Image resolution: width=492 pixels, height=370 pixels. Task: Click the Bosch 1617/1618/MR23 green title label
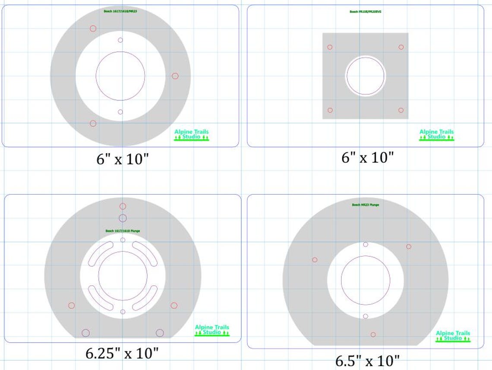point(120,11)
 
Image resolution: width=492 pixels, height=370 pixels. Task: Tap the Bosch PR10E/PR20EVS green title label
point(366,12)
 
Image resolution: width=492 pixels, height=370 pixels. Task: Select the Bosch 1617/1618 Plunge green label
point(123,231)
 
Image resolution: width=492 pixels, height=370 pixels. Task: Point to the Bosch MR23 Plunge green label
point(365,205)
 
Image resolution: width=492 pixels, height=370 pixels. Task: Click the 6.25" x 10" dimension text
point(122,354)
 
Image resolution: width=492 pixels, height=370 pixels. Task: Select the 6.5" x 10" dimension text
point(367,360)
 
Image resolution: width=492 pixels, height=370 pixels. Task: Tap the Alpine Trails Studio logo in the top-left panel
point(191,135)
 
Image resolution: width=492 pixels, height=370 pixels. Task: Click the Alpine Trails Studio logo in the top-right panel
point(436,134)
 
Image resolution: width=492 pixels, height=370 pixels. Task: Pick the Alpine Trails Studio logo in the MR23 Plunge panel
point(453,336)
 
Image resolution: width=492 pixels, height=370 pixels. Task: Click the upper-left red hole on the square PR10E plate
point(330,47)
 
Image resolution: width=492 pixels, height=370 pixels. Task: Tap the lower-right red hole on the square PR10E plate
point(401,110)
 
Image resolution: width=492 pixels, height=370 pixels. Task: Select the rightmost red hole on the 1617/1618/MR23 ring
point(175,76)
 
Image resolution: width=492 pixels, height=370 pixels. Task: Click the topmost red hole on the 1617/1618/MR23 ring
point(93,28)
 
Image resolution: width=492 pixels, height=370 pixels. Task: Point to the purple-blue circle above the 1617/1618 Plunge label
point(123,218)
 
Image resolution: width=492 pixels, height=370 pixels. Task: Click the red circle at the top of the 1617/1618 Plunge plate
point(123,206)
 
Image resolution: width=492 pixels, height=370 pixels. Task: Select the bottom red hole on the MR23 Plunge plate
point(373,335)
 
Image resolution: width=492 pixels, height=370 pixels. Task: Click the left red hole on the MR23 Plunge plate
point(315,260)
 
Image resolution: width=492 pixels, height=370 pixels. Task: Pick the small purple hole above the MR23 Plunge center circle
point(366,244)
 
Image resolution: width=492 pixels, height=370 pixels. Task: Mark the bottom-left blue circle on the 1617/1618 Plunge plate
point(85,333)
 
